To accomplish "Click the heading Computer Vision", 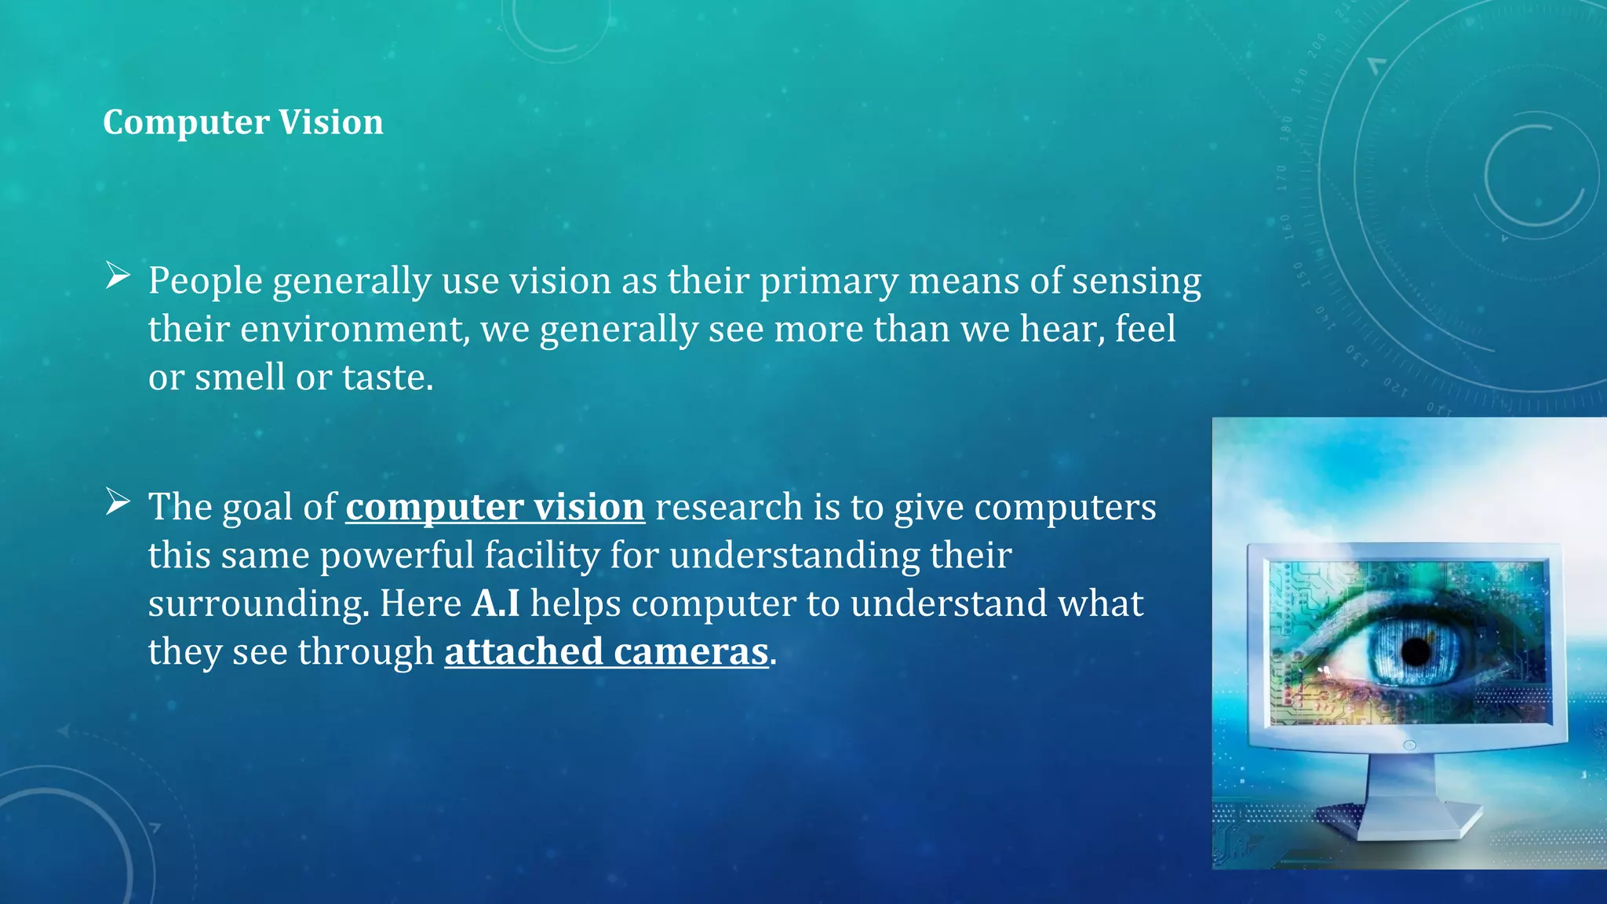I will (243, 122).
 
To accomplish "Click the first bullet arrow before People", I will (118, 275).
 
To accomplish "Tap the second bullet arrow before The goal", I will (118, 502).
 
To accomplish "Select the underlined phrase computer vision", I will (495, 507).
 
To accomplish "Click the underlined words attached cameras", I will (606, 652).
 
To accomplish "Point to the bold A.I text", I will (496, 603).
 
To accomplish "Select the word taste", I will (387, 377).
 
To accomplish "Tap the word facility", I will (542, 556).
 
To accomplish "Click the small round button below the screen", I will (1409, 745).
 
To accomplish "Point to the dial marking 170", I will (1281, 177).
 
